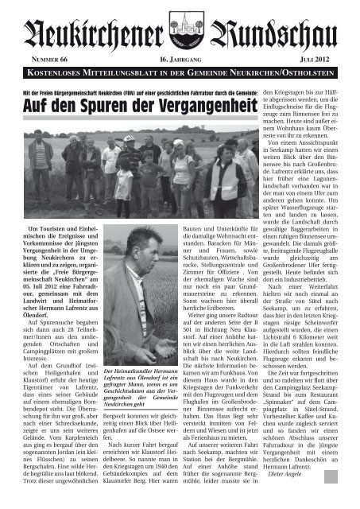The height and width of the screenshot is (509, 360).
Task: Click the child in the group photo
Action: tap(122, 180)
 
